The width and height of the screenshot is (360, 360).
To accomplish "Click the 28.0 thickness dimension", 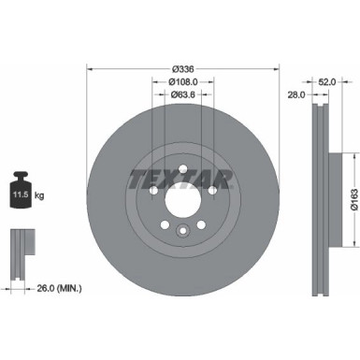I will tap(297, 94).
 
